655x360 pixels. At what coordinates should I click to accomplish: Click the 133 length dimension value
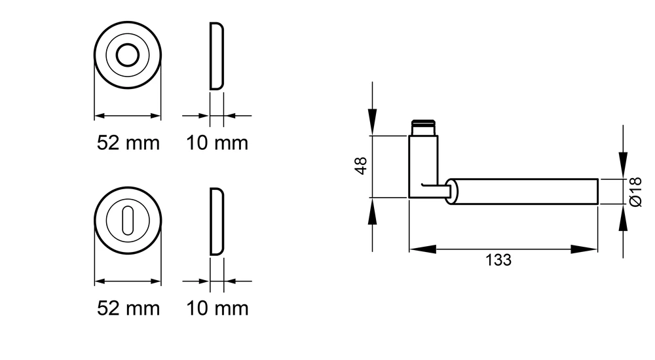click(498, 261)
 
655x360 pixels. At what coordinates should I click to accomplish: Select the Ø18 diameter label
click(635, 192)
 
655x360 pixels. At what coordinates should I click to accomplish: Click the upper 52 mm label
click(128, 143)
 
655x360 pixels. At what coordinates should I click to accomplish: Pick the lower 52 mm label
click(128, 309)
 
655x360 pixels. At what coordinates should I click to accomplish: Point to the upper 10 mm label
click(217, 143)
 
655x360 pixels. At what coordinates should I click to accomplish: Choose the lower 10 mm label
click(217, 309)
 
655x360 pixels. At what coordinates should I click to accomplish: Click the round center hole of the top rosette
click(128, 55)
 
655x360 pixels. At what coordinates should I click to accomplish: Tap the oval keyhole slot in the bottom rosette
click(128, 220)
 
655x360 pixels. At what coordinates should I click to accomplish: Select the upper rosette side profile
click(216, 56)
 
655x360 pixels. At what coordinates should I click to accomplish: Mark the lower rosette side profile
click(216, 221)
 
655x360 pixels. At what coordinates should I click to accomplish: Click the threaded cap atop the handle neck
click(423, 128)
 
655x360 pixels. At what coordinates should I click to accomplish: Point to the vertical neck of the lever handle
click(423, 166)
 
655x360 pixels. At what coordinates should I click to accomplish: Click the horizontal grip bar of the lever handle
click(522, 192)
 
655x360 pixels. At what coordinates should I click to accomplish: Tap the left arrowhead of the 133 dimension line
click(422, 250)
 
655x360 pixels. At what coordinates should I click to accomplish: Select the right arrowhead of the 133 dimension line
click(584, 250)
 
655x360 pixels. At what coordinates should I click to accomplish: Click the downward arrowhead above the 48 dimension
click(372, 122)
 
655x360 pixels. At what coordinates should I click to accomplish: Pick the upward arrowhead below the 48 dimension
click(372, 211)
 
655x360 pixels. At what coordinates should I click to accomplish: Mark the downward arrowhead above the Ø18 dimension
click(624, 166)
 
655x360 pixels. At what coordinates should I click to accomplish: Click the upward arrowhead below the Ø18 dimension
click(624, 217)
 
